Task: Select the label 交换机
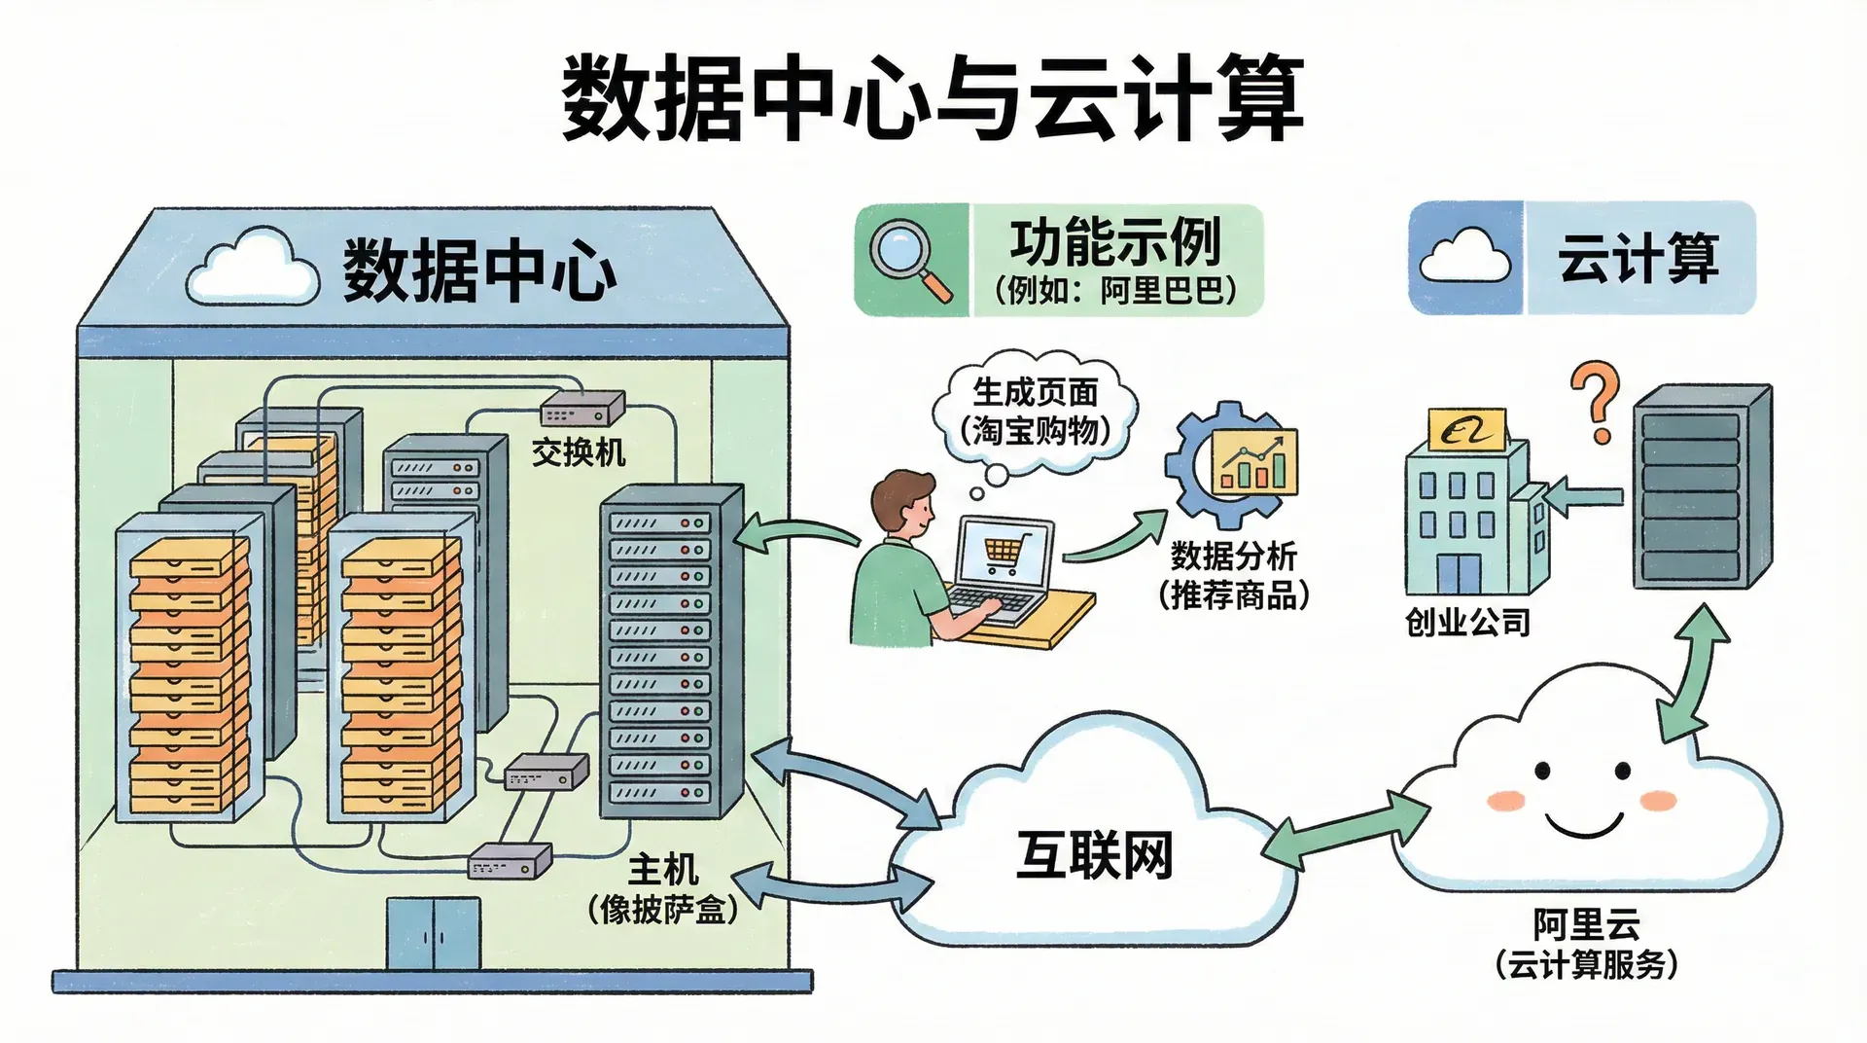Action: pyautogui.click(x=579, y=452)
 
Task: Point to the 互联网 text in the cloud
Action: pyautogui.click(x=1094, y=855)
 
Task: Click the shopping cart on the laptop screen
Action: pyautogui.click(x=1002, y=555)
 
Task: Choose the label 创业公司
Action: pyautogui.click(x=1467, y=622)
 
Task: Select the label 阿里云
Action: pyautogui.click(x=1586, y=922)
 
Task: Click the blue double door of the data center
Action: pyautogui.click(x=434, y=933)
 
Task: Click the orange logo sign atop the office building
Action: pyautogui.click(x=1466, y=429)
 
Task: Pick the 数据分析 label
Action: pyautogui.click(x=1233, y=556)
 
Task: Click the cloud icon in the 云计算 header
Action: pyautogui.click(x=1465, y=257)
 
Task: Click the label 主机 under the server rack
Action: pyautogui.click(x=662, y=869)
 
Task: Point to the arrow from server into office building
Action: pyautogui.click(x=1582, y=497)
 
